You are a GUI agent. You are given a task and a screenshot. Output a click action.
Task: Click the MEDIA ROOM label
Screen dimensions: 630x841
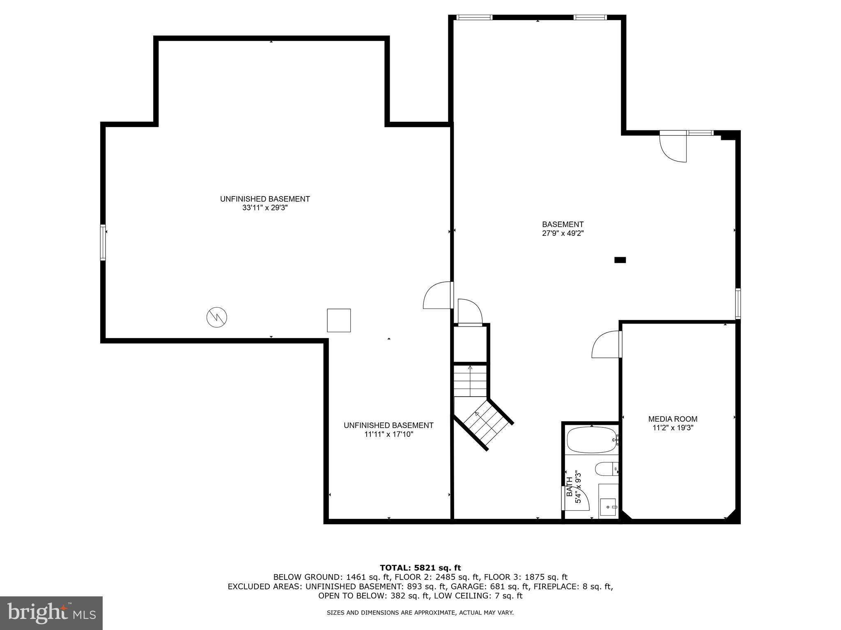point(673,419)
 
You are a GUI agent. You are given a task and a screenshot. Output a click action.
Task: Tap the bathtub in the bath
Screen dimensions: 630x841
point(592,440)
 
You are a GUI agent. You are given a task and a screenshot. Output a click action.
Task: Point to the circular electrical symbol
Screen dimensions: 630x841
point(216,317)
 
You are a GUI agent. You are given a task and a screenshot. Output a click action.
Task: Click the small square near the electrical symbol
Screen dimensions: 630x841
point(339,320)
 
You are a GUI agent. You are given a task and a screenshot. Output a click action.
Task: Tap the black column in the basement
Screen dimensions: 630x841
point(620,260)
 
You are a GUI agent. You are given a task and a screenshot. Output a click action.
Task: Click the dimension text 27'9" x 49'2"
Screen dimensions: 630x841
point(563,233)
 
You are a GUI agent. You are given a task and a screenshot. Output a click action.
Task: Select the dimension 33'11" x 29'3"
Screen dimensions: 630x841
point(265,208)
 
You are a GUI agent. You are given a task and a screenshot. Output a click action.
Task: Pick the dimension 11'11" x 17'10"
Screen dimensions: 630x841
point(388,434)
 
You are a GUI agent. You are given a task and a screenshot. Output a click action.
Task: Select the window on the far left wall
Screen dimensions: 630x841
point(103,242)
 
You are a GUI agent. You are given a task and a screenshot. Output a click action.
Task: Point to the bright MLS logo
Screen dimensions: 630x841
point(51,613)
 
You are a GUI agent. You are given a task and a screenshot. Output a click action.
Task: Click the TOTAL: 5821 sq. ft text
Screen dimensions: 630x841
point(420,568)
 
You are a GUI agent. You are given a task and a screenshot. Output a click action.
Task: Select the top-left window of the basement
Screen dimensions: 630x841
point(474,17)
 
